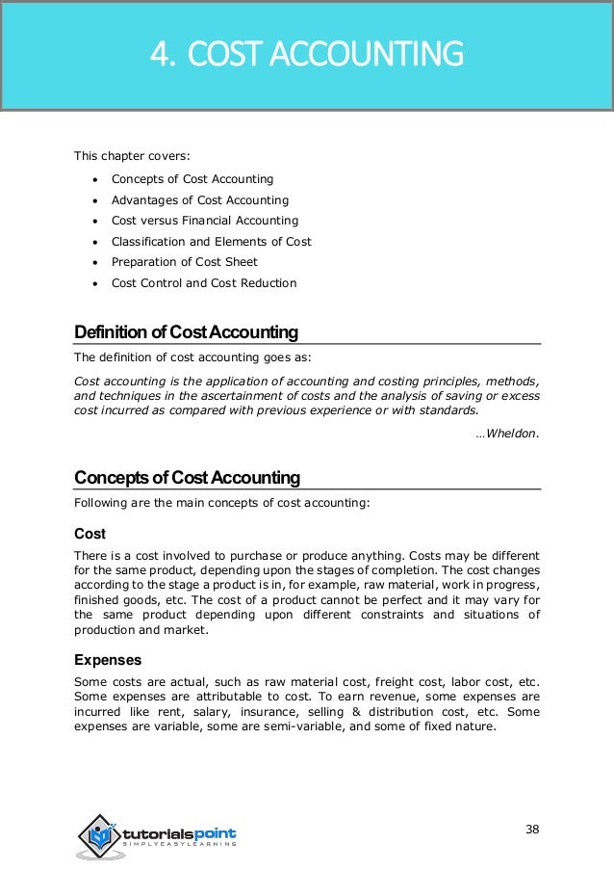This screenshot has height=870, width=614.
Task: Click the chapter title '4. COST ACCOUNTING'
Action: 306,55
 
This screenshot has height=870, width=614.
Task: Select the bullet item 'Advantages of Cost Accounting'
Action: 199,200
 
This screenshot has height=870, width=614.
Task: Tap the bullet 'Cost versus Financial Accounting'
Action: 204,221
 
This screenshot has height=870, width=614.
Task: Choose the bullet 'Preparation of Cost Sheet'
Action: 184,262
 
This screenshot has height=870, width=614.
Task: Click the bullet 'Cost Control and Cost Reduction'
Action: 203,283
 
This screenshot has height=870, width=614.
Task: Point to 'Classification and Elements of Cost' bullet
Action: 211,242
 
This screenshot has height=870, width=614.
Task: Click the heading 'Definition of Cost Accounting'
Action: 186,333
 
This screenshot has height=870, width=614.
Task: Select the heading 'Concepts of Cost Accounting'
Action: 187,478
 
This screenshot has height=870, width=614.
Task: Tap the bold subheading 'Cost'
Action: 90,533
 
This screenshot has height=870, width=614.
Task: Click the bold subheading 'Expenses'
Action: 108,660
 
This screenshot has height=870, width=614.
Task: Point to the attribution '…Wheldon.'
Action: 507,433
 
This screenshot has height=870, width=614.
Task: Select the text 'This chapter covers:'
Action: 132,156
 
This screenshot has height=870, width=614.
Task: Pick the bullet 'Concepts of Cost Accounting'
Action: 192,179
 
